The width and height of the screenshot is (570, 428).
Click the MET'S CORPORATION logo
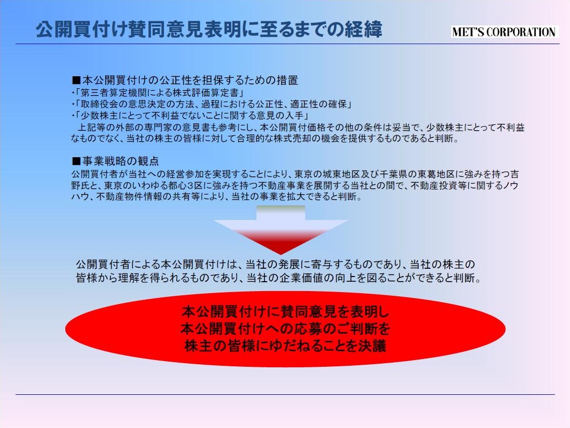pyautogui.click(x=505, y=32)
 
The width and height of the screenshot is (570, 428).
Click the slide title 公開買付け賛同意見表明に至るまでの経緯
pyautogui.click(x=209, y=30)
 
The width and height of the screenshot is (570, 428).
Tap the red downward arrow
pyautogui.click(x=281, y=229)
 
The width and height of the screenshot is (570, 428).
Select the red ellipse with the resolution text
pyautogui.click(x=285, y=329)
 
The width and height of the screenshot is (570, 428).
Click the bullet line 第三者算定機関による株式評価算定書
pyautogui.click(x=159, y=92)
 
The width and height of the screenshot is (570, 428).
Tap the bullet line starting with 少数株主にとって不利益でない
pyautogui.click(x=191, y=116)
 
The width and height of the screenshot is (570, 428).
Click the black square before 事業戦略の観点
pyautogui.click(x=76, y=161)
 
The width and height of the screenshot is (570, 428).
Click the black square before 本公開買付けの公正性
pyautogui.click(x=76, y=80)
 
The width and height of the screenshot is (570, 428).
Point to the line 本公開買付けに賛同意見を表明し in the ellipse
pyautogui.click(x=285, y=312)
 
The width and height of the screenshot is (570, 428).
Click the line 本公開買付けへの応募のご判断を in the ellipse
pyautogui.click(x=285, y=329)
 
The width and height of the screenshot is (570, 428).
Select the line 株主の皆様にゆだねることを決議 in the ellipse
pyautogui.click(x=285, y=346)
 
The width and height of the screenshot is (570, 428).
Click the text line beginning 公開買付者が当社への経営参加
pyautogui.click(x=295, y=174)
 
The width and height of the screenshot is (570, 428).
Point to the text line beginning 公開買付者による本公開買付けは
pyautogui.click(x=275, y=265)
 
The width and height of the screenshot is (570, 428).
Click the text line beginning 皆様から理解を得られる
pyautogui.click(x=279, y=278)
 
